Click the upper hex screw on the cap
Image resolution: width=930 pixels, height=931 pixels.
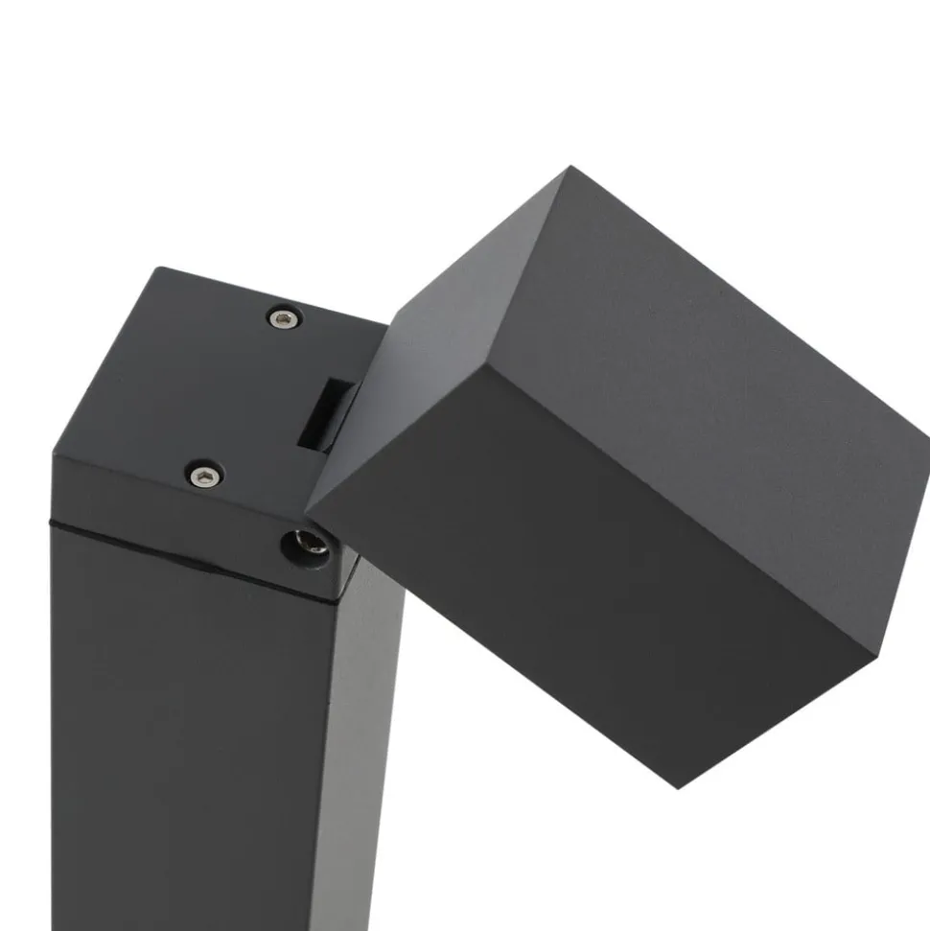pos(283,317)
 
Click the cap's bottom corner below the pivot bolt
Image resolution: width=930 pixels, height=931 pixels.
pos(336,598)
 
